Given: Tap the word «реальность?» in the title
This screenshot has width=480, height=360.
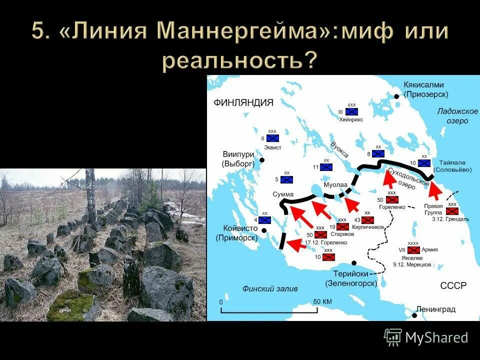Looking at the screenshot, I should (x=239, y=60).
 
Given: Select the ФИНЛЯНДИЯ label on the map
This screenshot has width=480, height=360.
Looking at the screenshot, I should (x=243, y=102).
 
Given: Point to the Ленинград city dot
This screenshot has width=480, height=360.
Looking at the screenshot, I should (x=414, y=315).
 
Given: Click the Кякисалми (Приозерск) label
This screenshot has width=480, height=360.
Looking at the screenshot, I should (x=425, y=89).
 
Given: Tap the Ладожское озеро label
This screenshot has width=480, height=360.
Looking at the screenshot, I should (x=457, y=116).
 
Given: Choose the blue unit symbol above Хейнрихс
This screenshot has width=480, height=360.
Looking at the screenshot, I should (x=352, y=112).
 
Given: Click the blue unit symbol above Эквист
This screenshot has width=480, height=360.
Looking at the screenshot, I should (x=272, y=138).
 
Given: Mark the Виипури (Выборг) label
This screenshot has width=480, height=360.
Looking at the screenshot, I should (x=238, y=159).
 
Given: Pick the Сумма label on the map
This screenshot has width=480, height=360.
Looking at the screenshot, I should (x=283, y=194).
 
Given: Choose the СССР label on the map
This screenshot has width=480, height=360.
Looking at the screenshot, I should (x=453, y=285).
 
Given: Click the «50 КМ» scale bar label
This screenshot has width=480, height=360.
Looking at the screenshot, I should (x=322, y=302).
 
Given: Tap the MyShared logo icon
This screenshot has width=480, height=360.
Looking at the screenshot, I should (x=393, y=337).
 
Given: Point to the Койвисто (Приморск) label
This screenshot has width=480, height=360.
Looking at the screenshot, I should (x=237, y=233).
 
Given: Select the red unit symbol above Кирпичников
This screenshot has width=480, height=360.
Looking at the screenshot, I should (x=367, y=220).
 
